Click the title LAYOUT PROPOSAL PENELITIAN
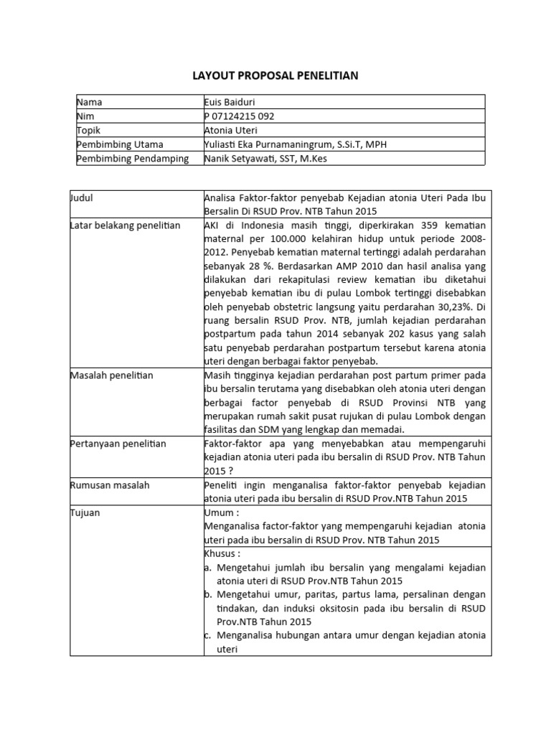pos(275,75)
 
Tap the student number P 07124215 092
pos(239,116)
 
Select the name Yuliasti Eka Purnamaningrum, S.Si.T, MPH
pos(294,144)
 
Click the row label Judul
pos(83,198)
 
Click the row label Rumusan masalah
pos(109,485)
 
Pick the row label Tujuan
pos(84,512)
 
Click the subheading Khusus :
pos(222,553)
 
